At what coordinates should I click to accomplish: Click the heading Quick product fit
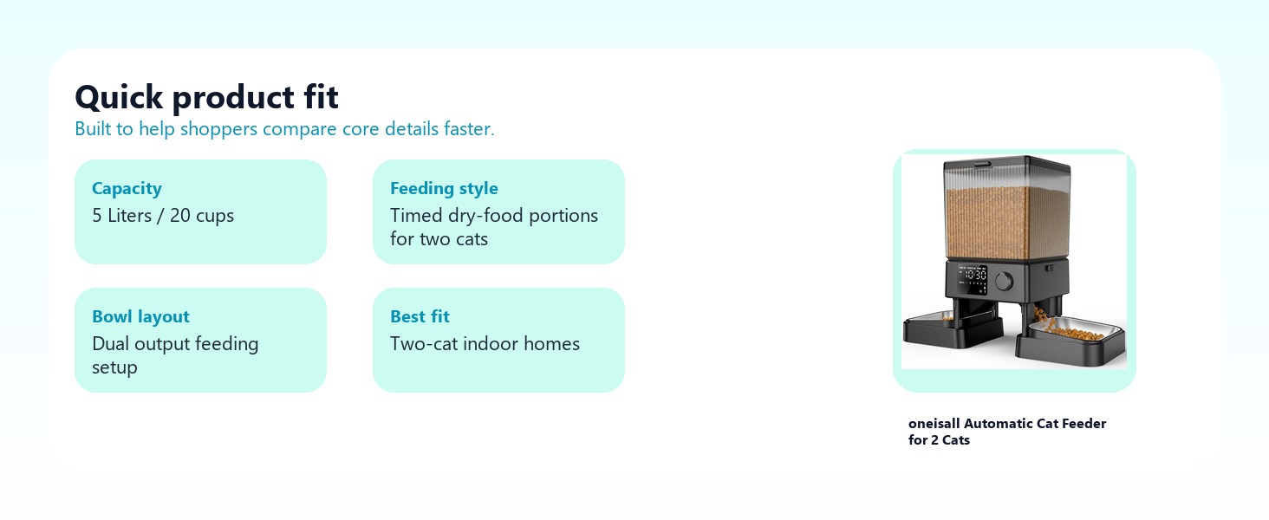pos(207,97)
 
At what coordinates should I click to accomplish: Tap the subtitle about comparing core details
pos(284,129)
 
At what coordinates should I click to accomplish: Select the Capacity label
pos(127,188)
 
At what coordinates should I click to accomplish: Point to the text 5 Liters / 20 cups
pos(163,215)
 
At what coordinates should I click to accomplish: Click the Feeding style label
pos(444,188)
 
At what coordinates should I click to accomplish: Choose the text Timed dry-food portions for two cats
pos(494,227)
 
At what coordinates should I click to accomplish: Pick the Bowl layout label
pos(140,316)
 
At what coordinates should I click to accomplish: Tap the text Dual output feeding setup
pos(175,355)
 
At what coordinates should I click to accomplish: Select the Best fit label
pos(420,316)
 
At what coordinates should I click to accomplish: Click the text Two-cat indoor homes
pos(485,344)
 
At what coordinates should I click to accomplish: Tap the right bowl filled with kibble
pos(1070,341)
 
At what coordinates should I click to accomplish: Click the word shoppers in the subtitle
pos(218,130)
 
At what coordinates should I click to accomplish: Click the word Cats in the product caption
pos(956,440)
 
